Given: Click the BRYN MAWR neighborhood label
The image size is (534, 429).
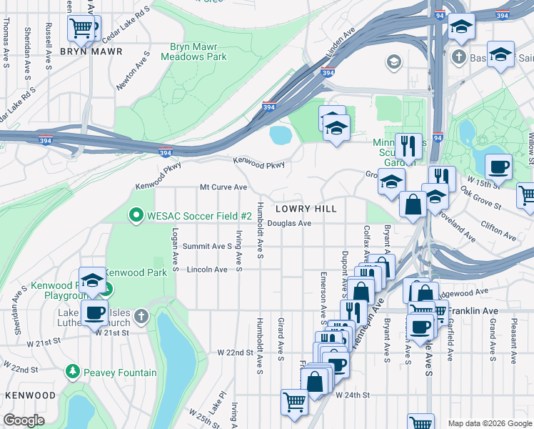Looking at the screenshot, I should point(91,51).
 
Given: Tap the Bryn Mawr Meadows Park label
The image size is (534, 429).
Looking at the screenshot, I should point(198,51).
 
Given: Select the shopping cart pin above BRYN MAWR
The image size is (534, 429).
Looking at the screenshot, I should point(84,29).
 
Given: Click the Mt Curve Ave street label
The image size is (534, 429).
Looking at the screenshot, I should point(223,187).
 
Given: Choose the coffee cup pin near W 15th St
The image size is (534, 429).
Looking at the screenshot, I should point(498,167).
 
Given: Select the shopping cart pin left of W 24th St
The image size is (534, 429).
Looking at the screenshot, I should point(293,402).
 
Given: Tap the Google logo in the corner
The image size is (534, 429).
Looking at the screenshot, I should point(24,420).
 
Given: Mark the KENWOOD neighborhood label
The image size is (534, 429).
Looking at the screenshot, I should point(30,395).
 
